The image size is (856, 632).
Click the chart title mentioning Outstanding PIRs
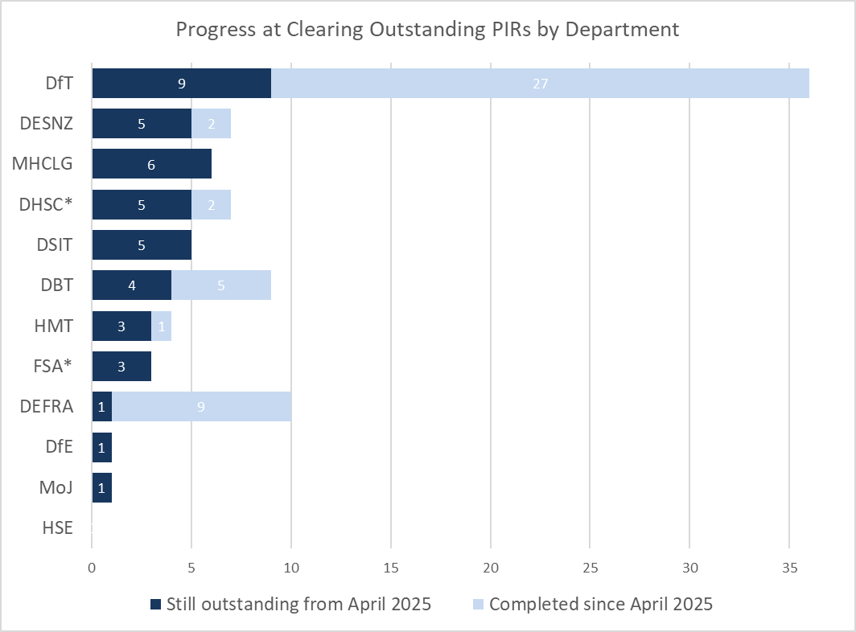point(427,30)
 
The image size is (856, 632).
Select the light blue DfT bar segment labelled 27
point(540,83)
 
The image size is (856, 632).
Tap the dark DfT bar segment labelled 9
point(182,83)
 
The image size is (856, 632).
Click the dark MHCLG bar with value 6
point(152,164)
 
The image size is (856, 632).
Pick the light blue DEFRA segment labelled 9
point(201,407)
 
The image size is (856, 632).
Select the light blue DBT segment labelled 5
point(221,285)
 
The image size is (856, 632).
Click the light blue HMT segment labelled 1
point(162,326)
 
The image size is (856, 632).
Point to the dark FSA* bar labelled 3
point(122,367)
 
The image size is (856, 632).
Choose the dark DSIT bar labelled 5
point(142,245)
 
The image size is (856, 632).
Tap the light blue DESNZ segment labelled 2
point(211,124)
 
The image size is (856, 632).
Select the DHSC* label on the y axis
point(46,205)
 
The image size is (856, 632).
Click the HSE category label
point(57,528)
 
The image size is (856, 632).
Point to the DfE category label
point(59,447)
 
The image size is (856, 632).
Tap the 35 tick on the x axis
point(789,567)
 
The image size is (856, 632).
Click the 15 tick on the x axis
point(391,567)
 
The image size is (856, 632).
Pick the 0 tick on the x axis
point(93,567)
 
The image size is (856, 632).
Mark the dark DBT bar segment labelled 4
point(132,285)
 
